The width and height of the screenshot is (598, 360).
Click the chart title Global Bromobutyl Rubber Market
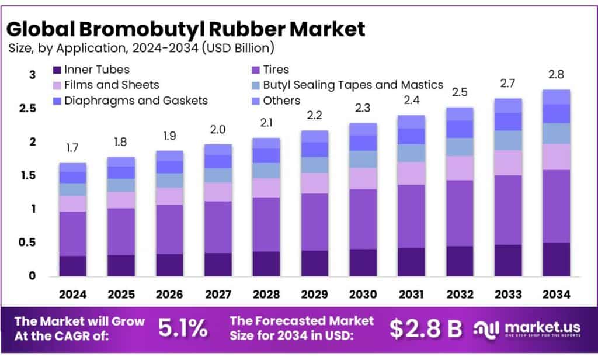click(186, 27)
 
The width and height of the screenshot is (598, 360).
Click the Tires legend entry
click(276, 70)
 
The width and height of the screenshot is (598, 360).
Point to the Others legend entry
click(281, 101)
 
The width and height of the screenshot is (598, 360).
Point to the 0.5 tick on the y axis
click(29, 243)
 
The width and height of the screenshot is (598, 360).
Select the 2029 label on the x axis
click(314, 294)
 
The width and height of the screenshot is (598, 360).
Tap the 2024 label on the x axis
click(72, 294)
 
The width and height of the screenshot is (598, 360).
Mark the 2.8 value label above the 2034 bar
click(555, 75)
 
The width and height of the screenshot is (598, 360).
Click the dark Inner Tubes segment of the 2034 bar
click(555, 259)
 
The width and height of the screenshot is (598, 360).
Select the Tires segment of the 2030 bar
click(362, 219)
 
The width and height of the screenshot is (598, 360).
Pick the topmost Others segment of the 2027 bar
click(217, 150)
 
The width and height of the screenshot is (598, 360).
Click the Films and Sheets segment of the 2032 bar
click(459, 168)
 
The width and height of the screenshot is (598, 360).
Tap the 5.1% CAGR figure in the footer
click(183, 329)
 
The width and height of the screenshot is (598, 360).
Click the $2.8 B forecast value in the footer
click(426, 329)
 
